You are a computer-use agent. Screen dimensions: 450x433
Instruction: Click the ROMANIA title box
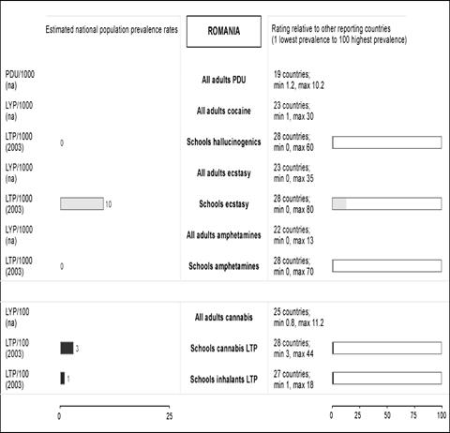tap(224, 32)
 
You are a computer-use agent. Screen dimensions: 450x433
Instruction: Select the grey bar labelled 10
tap(82, 203)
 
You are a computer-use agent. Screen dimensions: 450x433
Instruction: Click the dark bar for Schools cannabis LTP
tap(67, 348)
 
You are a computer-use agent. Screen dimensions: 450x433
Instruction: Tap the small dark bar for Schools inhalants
tap(63, 379)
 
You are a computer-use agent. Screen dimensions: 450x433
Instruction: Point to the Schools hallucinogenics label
tap(224, 142)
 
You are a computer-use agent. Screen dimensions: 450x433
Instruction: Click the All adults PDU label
tap(224, 80)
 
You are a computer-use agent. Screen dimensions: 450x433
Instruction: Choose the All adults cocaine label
tap(224, 111)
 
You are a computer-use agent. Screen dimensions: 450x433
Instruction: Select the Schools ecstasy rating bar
tap(387, 203)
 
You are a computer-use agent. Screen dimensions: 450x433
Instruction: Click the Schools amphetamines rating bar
tap(387, 266)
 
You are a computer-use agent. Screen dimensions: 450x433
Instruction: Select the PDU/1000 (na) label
tap(20, 80)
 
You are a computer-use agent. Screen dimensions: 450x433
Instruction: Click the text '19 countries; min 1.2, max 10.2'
tap(299, 80)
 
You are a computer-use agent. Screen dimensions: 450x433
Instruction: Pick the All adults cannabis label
tap(224, 317)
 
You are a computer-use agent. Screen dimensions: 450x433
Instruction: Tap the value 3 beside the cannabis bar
tap(77, 349)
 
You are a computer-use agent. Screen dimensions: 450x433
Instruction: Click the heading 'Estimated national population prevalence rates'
tap(112, 30)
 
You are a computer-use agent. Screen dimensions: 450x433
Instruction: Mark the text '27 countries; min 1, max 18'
tap(293, 380)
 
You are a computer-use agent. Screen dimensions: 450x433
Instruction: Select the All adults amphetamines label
tap(224, 235)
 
